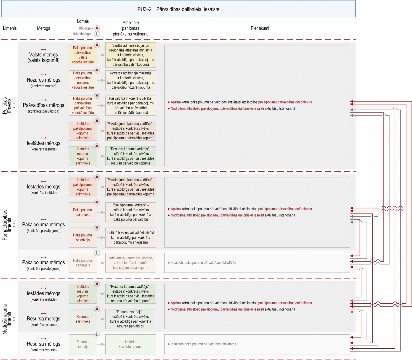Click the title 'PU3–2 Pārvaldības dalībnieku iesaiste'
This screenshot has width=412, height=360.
pyautogui.click(x=178, y=9)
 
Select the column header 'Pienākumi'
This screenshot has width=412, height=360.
pyautogui.click(x=260, y=28)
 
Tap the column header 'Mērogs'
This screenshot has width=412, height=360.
pyautogui.click(x=43, y=28)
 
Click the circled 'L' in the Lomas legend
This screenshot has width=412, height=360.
pyautogui.click(x=97, y=34)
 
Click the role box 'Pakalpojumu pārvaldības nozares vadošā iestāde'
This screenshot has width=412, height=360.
pyautogui.click(x=83, y=80)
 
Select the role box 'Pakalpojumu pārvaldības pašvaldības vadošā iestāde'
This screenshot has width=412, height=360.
pyautogui.click(x=83, y=106)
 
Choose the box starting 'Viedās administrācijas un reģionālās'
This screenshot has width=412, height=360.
pyautogui.click(x=131, y=55)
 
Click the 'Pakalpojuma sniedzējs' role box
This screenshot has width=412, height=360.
pyautogui.click(x=83, y=238)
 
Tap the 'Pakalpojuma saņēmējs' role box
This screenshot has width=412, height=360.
pyautogui.click(x=83, y=263)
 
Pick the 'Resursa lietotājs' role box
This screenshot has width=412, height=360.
pyautogui.click(x=83, y=344)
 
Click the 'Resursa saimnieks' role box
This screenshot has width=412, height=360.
pyautogui.click(x=83, y=319)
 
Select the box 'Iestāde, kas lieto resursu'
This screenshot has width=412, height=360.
pyautogui.click(x=131, y=344)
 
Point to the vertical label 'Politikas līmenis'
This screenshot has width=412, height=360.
pyautogui.click(x=7, y=106)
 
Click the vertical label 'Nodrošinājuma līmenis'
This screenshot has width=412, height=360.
pyautogui.click(x=7, y=319)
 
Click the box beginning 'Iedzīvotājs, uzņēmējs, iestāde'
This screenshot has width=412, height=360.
pyautogui.click(x=131, y=263)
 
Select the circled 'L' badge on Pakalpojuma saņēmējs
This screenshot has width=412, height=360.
pyautogui.click(x=97, y=253)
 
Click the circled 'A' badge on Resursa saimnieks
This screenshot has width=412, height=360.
pyautogui.click(x=97, y=309)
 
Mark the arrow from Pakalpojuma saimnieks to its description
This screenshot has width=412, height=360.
pyautogui.click(x=101, y=212)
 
